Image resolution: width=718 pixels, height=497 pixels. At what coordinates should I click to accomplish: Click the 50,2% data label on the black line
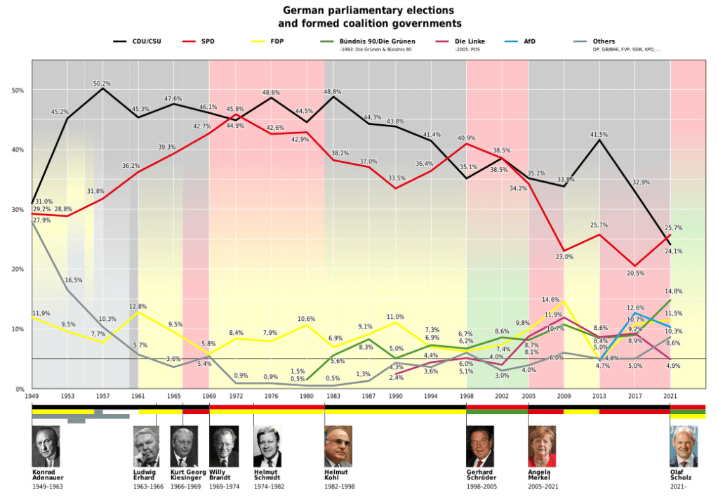point(102,84)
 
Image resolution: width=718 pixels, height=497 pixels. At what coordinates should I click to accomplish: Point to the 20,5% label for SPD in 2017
point(636,274)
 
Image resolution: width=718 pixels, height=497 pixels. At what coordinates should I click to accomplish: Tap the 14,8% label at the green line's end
point(673,291)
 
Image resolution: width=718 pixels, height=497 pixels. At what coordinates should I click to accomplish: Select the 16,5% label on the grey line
point(74,280)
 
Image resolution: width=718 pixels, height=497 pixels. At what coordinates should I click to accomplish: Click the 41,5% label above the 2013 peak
point(599,134)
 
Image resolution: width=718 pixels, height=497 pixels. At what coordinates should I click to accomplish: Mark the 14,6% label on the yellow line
point(551,300)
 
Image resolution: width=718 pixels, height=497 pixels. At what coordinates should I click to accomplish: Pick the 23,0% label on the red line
point(565,257)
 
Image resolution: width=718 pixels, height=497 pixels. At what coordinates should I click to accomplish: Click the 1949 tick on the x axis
point(32,396)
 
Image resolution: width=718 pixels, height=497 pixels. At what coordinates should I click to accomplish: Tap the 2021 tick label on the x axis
point(671,396)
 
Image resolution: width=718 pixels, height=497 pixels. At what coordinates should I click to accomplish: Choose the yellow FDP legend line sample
point(260,41)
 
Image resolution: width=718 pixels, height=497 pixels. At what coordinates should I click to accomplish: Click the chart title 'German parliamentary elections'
point(359,11)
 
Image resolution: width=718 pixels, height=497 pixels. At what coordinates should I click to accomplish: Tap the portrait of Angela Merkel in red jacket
point(542,446)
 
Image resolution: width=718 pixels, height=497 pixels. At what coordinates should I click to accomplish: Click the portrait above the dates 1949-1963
point(46,446)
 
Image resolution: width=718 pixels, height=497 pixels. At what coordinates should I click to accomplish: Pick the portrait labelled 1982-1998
point(338,446)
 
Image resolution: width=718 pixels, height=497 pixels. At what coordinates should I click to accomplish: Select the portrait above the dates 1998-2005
point(480,446)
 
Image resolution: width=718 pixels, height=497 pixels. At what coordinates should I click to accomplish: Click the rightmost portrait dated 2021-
point(684,446)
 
